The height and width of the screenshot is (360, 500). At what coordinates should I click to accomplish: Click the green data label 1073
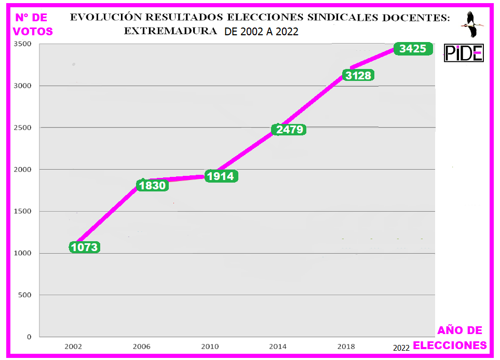pos(85,247)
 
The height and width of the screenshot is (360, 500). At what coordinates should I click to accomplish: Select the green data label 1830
pos(153,186)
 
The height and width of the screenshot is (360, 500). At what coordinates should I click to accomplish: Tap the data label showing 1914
pos(221,176)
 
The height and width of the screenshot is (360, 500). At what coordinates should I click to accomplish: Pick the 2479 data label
pos(290,130)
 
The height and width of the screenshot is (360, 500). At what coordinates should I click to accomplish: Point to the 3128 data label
pos(358,75)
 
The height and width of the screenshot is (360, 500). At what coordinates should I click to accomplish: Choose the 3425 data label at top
pos(413,49)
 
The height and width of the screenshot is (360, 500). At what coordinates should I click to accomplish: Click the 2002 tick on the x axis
pos(73,346)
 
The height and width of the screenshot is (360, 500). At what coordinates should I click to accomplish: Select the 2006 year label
pos(142,346)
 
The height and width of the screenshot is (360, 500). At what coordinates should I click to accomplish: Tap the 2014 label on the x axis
pos(278,346)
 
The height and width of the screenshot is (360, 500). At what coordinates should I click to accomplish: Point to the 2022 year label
pos(401,348)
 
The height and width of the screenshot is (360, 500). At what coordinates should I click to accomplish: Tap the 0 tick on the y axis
pos(30,337)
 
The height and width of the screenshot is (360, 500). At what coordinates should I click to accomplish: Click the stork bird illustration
pos(472,24)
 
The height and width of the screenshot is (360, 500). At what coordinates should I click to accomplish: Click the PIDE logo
pos(464,53)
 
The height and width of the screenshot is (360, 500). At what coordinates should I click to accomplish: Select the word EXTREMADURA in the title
pos(170,31)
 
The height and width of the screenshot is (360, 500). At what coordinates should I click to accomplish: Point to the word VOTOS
pos(33,31)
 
